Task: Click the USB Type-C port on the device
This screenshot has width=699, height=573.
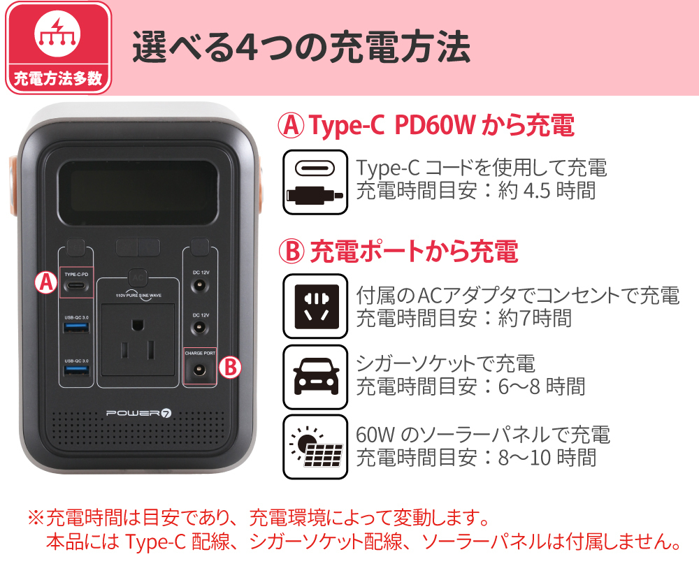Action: click(x=75, y=285)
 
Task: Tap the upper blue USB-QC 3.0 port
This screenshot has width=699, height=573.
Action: click(x=76, y=328)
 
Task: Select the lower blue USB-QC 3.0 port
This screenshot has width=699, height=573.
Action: click(x=76, y=371)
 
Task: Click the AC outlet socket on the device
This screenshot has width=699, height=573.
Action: click(x=138, y=340)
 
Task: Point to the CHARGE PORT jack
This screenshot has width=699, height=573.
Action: click(x=199, y=370)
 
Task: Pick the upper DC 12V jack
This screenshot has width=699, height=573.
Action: click(x=200, y=285)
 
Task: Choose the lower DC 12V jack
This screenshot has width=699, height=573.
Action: click(x=200, y=328)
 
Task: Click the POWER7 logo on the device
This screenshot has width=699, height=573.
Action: click(x=138, y=413)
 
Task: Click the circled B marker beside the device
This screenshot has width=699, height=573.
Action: click(x=230, y=368)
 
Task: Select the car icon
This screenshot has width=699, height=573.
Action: click(x=315, y=377)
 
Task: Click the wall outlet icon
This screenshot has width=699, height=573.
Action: click(x=315, y=306)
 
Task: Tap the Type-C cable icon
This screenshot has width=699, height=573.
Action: click(x=315, y=182)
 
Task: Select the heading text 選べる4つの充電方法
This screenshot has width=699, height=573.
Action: click(x=301, y=47)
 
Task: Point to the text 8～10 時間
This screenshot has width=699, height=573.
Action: click(x=547, y=458)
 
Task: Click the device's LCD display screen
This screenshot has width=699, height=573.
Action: click(x=138, y=193)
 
